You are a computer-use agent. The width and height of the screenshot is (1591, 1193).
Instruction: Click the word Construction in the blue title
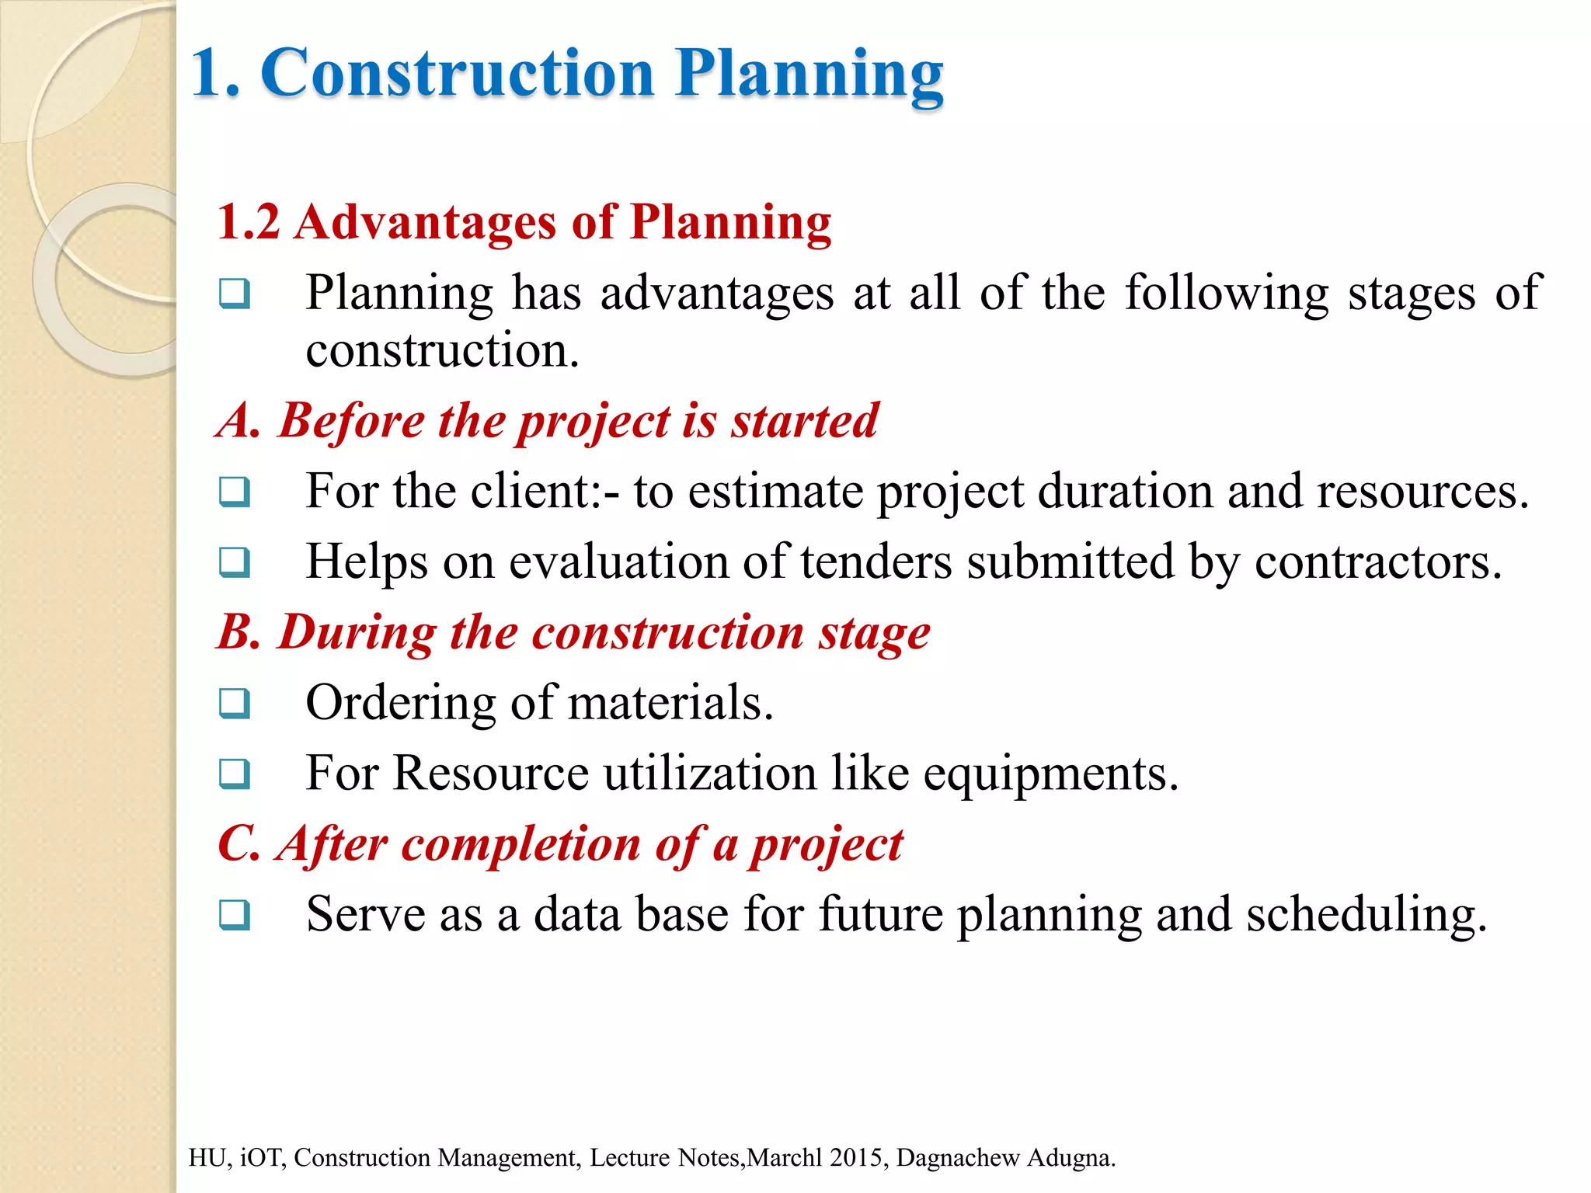click(x=458, y=73)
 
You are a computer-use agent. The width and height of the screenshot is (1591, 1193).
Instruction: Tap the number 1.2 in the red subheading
click(x=248, y=222)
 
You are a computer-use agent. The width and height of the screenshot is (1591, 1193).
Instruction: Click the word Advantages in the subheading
click(x=425, y=222)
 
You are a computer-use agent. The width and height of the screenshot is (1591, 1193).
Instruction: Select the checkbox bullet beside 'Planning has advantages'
click(x=234, y=294)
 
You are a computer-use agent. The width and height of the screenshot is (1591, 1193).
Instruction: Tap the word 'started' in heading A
click(x=805, y=421)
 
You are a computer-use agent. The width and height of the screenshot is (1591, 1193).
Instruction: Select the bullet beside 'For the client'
click(x=234, y=492)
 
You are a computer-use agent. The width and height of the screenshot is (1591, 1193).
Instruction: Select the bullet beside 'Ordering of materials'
click(x=234, y=703)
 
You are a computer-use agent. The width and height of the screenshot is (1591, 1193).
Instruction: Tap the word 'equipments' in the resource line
click(x=1050, y=774)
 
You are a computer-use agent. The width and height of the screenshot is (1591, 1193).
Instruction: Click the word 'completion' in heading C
click(x=520, y=843)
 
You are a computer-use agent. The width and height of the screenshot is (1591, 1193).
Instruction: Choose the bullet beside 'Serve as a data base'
click(x=234, y=914)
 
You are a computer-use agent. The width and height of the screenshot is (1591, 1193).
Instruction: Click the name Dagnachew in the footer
click(x=957, y=1157)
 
